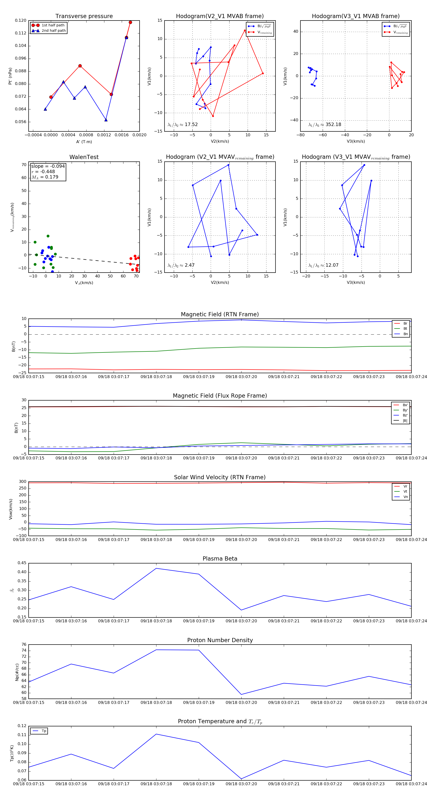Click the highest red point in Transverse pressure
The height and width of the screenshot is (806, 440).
pos(130,22)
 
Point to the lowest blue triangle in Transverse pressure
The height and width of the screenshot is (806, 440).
pos(106,120)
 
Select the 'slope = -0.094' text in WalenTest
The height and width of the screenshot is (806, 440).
pos(48,166)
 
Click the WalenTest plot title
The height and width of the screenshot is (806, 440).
pos(84,157)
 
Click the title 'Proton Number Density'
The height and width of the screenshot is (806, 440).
pos(220,640)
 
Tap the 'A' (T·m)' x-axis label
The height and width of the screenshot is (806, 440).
pos(84,142)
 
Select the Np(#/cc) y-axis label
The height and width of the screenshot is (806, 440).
pos(17,672)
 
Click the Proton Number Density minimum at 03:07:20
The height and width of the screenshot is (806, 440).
pos(241,695)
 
